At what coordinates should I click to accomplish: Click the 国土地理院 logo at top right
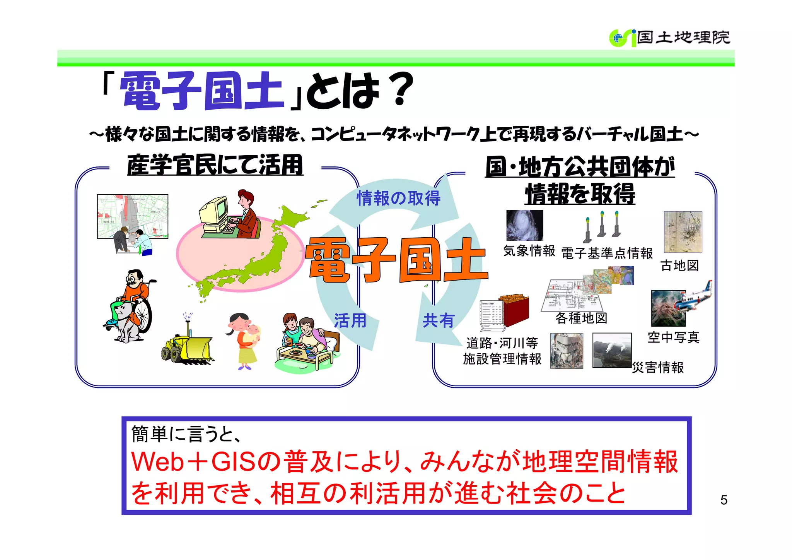point(669,38)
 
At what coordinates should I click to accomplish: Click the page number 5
point(724,500)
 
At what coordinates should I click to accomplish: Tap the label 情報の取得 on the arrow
point(398,199)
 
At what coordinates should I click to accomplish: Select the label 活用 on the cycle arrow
point(350,321)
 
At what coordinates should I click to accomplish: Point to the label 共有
point(438,321)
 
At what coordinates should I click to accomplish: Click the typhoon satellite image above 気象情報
point(524,225)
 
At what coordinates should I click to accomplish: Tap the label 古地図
point(679,265)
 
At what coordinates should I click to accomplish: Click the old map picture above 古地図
point(683,231)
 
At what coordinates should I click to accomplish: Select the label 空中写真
point(673,337)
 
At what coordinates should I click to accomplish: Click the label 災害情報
point(658,367)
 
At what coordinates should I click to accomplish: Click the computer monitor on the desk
point(214,211)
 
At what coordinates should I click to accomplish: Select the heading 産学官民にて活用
point(215,165)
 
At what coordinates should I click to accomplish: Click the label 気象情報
point(529,251)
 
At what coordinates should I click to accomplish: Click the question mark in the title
point(400,90)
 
